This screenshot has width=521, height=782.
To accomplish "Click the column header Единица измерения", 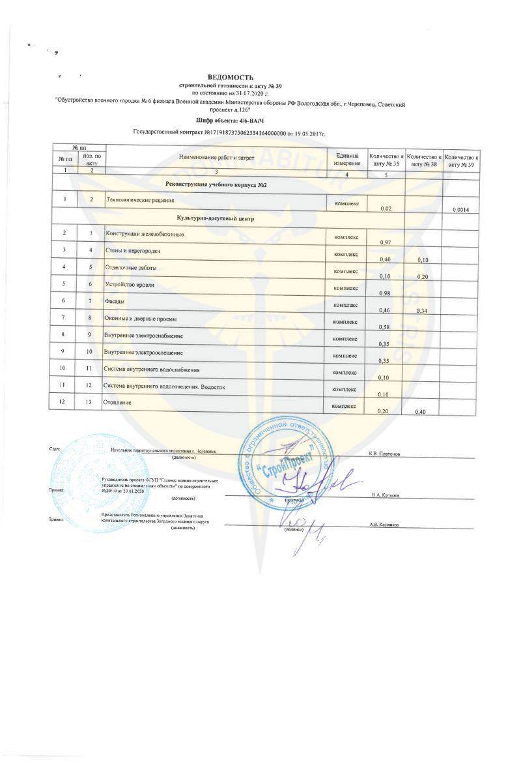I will [x=346, y=159].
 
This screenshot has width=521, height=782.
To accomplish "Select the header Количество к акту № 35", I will [x=386, y=160].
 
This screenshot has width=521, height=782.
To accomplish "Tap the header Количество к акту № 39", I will [x=462, y=161].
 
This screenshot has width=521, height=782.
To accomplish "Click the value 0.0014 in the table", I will [x=460, y=209].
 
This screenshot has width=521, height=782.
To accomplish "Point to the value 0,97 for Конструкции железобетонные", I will [x=384, y=242].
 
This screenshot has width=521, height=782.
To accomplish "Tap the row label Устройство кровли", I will [x=130, y=285].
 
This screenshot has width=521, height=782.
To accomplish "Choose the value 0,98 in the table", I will [x=384, y=293].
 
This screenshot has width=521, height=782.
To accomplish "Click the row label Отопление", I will [x=118, y=403].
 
